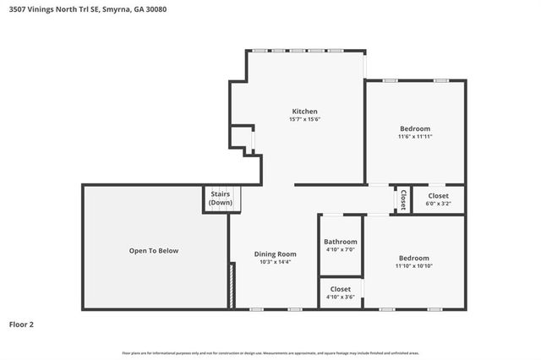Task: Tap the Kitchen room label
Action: click(304, 112)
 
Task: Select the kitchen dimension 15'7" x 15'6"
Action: click(304, 119)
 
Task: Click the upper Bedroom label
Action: click(414, 128)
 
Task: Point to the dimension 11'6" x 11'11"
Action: click(414, 136)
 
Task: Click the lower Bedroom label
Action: click(413, 258)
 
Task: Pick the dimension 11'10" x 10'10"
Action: click(413, 266)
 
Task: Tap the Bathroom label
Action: click(341, 242)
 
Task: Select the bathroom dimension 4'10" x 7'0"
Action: click(341, 250)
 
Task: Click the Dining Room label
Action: click(276, 254)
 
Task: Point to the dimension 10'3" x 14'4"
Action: click(276, 262)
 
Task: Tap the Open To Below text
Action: click(154, 250)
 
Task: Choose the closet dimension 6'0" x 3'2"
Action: click(438, 203)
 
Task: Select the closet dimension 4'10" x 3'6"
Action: click(341, 297)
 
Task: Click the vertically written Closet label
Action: click(403, 199)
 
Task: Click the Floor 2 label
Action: click(22, 324)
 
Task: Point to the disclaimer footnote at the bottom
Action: click(270, 352)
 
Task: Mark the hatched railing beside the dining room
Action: click(231, 286)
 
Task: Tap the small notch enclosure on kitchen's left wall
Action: click(243, 139)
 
